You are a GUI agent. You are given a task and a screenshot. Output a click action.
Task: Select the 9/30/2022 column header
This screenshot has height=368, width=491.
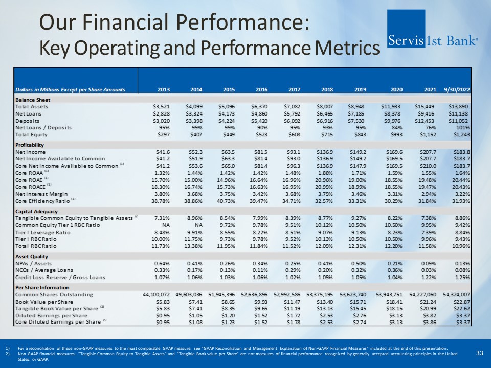[456, 90]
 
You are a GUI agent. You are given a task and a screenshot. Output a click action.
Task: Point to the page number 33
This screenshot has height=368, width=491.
[479, 353]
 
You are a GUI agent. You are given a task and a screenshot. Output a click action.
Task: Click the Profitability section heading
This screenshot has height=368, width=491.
[31, 145]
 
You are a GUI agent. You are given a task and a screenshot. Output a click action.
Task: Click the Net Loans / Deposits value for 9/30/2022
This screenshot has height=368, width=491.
[460, 127]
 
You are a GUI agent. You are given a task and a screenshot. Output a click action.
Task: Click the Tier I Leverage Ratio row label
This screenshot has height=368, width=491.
[44, 232]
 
